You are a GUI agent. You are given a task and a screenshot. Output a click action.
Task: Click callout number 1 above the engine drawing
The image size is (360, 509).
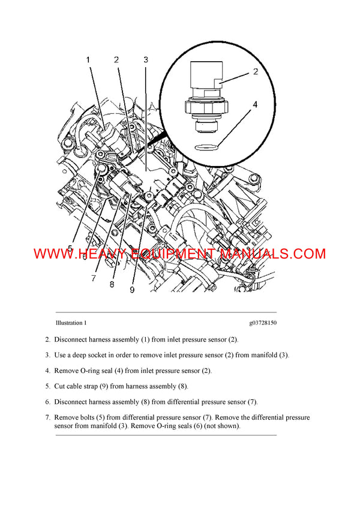coord(88,60)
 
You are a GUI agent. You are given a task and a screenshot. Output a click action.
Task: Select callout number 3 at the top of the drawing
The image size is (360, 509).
coord(146,60)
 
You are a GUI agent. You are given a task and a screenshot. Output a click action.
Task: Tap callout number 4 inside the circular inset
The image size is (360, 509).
coord(255,104)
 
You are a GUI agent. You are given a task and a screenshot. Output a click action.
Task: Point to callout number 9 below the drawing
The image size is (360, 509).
coord(132,289)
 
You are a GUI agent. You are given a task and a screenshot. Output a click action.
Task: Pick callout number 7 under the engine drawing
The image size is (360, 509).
coord(94,278)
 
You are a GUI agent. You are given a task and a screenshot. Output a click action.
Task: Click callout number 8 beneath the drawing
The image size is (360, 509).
coord(112,284)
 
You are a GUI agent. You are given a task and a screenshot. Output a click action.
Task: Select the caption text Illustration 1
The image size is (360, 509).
coord(71,323)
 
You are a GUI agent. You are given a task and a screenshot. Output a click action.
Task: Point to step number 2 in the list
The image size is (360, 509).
coord(47,339)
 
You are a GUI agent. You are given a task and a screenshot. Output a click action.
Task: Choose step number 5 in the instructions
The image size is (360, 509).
coord(47,386)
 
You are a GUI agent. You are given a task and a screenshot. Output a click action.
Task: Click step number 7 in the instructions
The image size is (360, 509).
coord(47,417)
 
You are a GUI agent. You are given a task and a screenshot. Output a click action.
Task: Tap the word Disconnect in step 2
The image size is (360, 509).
coord(72,339)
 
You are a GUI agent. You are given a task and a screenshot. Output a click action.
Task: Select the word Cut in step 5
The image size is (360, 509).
coord(60,386)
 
